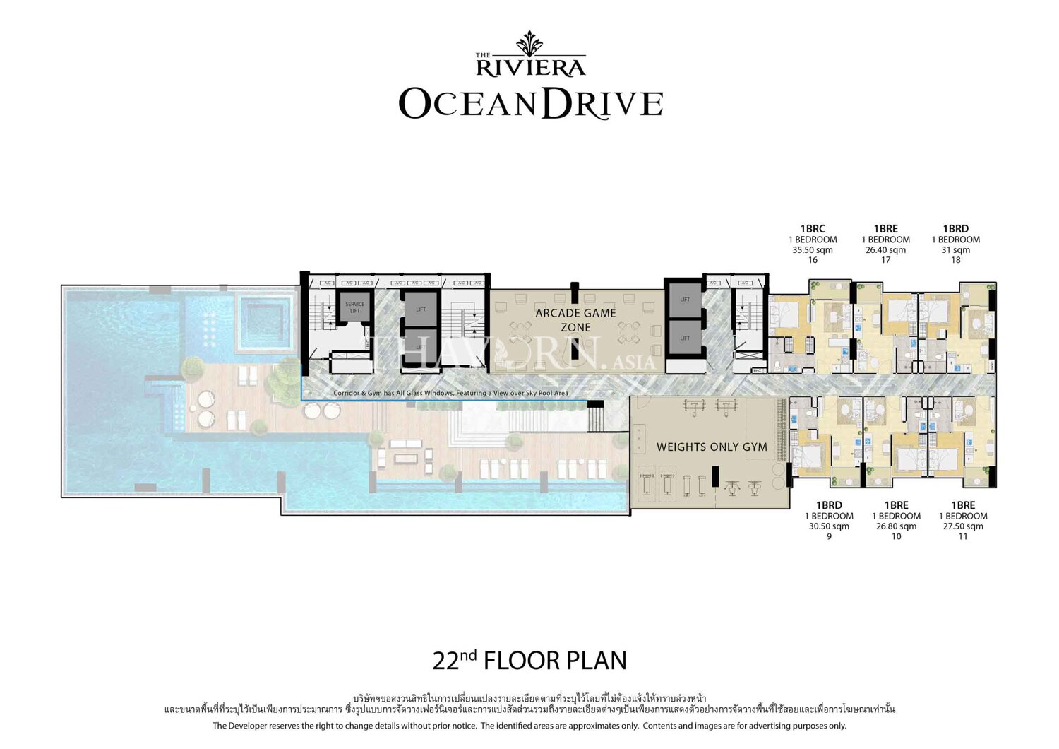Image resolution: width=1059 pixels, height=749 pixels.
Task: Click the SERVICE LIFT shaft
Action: point(354,307)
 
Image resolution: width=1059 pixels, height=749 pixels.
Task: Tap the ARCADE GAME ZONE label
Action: point(575,320)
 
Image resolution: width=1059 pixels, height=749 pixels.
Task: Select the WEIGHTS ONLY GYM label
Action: point(711,447)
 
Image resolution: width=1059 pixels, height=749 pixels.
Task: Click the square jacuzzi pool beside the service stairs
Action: point(265,322)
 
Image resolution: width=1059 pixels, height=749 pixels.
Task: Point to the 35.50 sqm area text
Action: point(813,250)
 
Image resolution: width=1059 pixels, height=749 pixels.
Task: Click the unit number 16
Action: point(813,260)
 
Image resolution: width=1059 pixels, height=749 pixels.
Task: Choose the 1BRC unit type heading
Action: point(813,229)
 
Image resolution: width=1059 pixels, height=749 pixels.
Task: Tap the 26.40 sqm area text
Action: point(885,250)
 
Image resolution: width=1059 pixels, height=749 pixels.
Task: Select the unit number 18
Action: point(955,260)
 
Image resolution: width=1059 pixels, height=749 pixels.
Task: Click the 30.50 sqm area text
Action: point(829,526)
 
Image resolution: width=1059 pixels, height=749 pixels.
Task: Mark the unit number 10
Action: point(896,536)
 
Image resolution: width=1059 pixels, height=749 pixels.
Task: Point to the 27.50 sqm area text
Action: point(963,526)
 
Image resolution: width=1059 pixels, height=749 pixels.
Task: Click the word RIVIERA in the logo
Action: point(531,68)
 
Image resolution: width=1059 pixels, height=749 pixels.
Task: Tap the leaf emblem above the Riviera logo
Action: point(529,44)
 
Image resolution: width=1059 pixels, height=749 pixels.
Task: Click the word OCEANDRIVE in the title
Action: point(531,104)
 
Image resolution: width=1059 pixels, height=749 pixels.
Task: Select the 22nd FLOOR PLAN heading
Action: point(529,661)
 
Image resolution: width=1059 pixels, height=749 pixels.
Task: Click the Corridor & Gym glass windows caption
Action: point(450,393)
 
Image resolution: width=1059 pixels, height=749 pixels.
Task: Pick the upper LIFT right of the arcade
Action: point(684,300)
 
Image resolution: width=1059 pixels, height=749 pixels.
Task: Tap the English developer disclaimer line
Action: point(529,726)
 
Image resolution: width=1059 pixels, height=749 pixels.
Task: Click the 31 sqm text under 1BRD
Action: point(955,250)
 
